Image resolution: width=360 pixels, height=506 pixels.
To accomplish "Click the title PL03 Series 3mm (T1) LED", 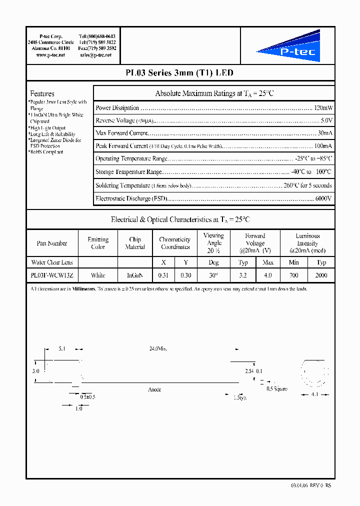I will pos(179,73).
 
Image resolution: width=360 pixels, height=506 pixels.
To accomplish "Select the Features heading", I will pos(42,93).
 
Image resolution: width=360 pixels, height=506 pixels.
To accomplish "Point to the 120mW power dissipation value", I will pos(323,108).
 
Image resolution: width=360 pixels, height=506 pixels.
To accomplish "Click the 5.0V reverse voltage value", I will pos(326,120).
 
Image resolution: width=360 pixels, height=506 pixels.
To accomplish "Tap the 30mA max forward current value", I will pos(325,133).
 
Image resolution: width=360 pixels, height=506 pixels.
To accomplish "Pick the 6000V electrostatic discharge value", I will pos(323,198).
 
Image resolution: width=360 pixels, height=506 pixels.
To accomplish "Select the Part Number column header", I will pos(51,243).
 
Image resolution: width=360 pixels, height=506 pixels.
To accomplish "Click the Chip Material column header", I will pos(134,243).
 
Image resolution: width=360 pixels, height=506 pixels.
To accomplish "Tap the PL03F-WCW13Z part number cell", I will pos(51,275).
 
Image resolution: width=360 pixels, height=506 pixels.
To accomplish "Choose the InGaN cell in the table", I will pos(134,275).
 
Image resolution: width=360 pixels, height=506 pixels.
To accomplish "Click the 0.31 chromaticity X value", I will pos(163,275).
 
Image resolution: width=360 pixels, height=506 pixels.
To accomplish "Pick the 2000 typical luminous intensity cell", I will pos(321,275).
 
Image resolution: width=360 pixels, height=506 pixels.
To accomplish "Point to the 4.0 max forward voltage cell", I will pos(268,275).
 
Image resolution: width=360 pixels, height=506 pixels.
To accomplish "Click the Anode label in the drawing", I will pos(154,389).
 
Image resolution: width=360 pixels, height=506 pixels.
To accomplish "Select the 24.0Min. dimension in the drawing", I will pos(158,348).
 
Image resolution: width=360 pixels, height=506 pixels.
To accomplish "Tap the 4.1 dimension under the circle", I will pos(315,394).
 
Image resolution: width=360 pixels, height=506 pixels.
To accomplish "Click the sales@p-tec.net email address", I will pos(95,54).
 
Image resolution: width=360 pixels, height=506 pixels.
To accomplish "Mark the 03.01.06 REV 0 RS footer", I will pos(310,485).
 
